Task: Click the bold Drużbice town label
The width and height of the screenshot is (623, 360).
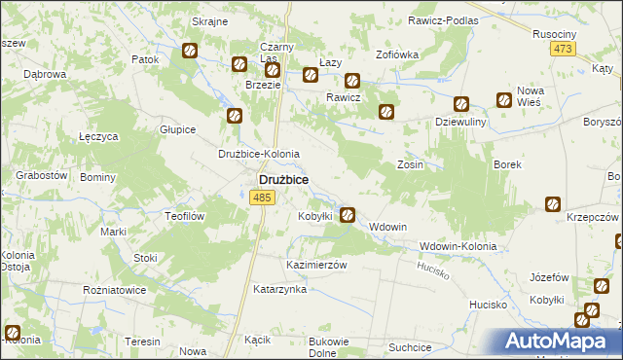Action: coord(283,180)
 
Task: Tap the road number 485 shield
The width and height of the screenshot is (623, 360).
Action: coord(260,198)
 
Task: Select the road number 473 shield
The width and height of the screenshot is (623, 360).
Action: coord(563,50)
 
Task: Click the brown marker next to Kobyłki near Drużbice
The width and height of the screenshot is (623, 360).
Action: coord(348,215)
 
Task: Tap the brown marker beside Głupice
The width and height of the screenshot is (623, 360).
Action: coord(235,116)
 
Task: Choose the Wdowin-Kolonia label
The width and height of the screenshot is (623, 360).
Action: coord(458,246)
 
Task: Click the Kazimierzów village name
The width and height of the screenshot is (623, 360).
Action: coord(316,265)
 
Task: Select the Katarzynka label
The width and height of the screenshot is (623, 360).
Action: coord(280,289)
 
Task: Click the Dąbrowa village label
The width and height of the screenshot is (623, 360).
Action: coord(44,74)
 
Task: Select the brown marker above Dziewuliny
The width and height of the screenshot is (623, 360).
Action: coord(461,104)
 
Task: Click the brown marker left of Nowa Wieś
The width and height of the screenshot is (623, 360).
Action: coord(504,99)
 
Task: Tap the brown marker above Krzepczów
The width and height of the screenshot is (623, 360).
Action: coord(552,204)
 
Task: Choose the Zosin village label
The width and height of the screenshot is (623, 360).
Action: coord(410,165)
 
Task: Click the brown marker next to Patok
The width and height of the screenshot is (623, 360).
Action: coord(190,51)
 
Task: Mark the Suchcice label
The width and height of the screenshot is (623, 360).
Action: coord(409,346)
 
